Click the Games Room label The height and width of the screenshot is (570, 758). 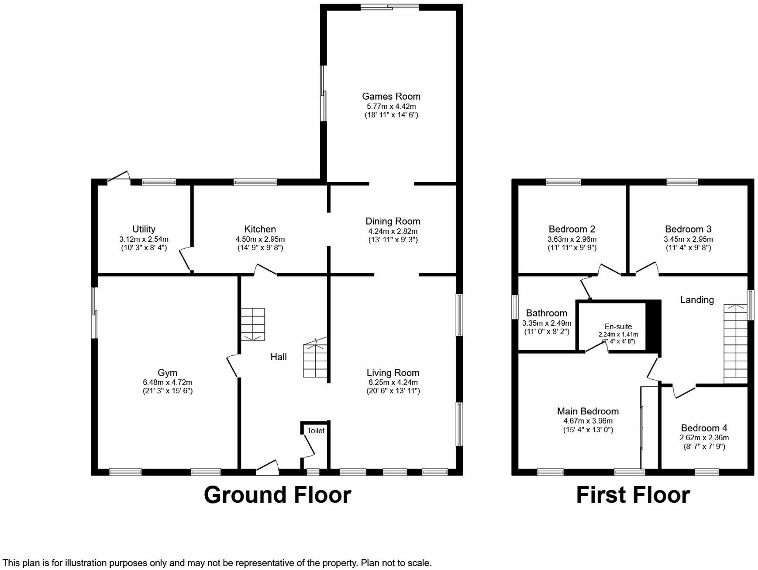[x=391, y=96]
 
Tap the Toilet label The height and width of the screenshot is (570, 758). [x=316, y=431]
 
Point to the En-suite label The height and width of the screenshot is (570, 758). [x=618, y=327]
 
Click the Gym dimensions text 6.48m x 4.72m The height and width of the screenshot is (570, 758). [x=167, y=382]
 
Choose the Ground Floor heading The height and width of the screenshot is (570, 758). [x=277, y=495]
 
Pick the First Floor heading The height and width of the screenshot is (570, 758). [x=633, y=495]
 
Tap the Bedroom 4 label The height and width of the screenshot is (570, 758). [x=704, y=428]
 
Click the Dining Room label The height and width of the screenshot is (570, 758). [x=393, y=221]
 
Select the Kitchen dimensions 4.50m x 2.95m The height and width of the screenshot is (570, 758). [x=260, y=239]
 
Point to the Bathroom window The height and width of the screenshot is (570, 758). [x=515, y=307]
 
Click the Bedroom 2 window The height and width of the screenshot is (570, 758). [x=563, y=182]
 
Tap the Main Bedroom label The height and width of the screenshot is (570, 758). [x=588, y=411]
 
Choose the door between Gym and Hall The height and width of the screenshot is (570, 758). [x=232, y=366]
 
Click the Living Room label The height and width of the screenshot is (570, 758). [x=393, y=373]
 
